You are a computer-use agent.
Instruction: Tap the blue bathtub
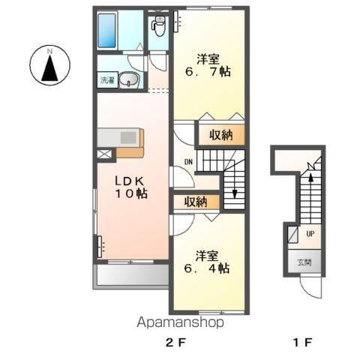tap(106, 31)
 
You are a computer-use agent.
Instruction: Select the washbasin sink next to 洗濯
tap(129, 80)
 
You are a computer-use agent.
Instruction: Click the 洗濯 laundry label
tap(107, 80)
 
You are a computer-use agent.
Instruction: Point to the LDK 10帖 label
tap(131, 187)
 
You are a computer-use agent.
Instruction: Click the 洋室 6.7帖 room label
tap(208, 65)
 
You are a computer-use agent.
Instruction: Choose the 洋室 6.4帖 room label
tap(207, 262)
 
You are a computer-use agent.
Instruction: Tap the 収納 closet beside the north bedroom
tap(221, 135)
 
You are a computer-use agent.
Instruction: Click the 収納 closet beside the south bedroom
tap(196, 202)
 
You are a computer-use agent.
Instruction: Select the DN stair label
tap(188, 162)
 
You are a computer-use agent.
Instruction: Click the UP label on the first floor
tap(310, 234)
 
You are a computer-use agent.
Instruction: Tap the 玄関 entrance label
tap(304, 262)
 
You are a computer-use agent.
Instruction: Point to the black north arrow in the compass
tap(49, 68)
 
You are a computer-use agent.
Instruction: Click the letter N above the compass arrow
tap(49, 52)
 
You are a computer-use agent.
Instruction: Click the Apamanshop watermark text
tap(180, 322)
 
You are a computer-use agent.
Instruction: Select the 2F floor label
tap(175, 342)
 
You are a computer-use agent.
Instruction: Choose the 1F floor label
tap(303, 342)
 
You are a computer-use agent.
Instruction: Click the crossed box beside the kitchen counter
tap(103, 154)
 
